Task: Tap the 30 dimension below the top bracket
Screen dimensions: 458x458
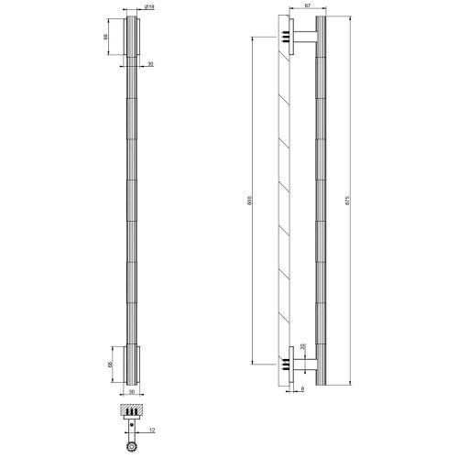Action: click(x=149, y=65)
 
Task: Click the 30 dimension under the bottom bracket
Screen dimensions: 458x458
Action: click(x=133, y=391)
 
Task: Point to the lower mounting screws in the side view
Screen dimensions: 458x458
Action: click(x=286, y=364)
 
